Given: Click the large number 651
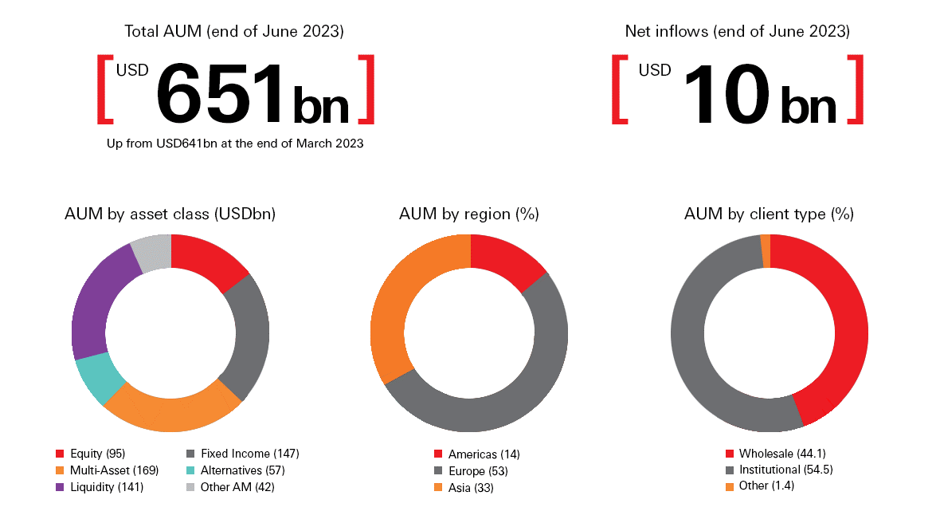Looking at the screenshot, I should click(218, 92).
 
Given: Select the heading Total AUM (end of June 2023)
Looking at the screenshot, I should click(234, 32).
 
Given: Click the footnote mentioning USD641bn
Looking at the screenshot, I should click(235, 144).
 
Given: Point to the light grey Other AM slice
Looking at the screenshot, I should click(151, 253).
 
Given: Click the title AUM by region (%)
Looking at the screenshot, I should click(469, 214).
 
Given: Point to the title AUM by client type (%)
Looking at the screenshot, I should click(770, 214).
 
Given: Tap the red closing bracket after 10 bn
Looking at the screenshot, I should click(855, 89).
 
